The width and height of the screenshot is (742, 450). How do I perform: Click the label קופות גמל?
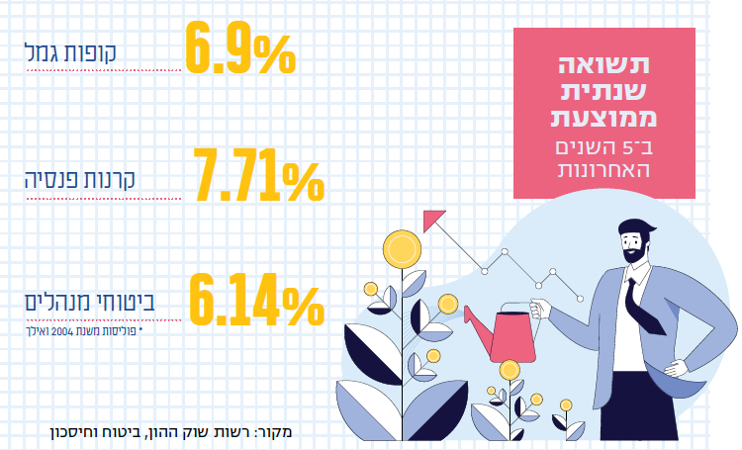pyautogui.click(x=71, y=52)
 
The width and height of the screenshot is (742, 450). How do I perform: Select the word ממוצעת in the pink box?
pyautogui.click(x=603, y=120)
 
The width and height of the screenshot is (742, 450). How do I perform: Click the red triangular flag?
pyautogui.click(x=432, y=220)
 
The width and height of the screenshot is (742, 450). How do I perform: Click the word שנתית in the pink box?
pyautogui.click(x=603, y=95)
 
